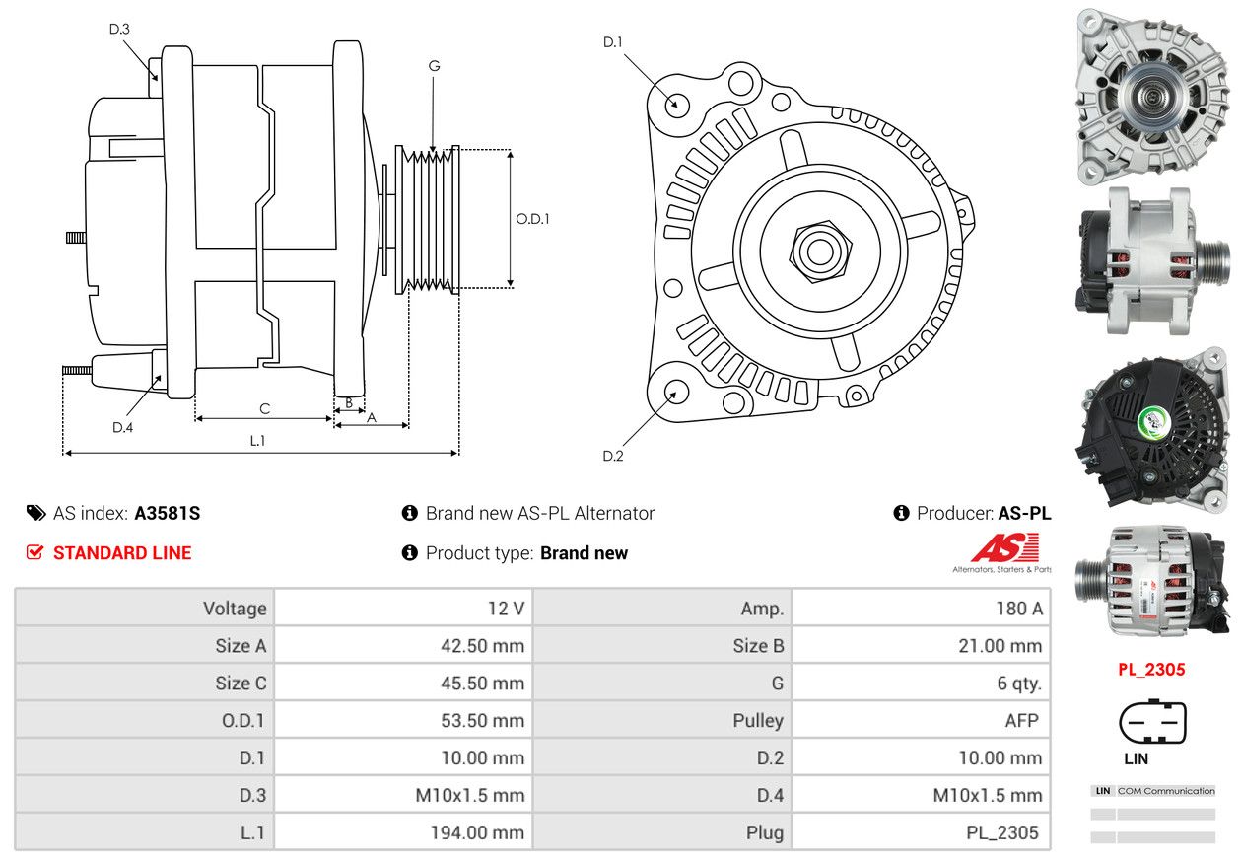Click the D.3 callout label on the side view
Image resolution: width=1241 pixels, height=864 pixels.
pos(119,29)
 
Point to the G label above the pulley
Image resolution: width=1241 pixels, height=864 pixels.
pos(434,66)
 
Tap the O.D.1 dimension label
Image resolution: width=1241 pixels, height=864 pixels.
pos(532,219)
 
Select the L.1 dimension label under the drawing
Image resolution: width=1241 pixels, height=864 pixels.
pos(257,441)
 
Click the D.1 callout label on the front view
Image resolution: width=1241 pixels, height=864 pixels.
pos(612,42)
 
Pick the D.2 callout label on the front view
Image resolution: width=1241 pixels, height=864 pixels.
pos(613,456)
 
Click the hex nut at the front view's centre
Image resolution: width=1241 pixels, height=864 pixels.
pos(820,252)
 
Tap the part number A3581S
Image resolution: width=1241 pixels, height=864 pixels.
pos(168,513)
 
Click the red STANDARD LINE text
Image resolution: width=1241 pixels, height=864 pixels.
pos(122,553)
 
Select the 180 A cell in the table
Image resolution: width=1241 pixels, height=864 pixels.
pos(1019,609)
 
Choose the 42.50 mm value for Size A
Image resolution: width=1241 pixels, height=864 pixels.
pos(482,646)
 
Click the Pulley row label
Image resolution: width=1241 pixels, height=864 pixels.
pos(758,720)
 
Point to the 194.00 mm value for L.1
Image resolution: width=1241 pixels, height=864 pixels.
pos(477,832)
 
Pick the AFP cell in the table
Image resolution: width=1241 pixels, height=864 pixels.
pos(1021,720)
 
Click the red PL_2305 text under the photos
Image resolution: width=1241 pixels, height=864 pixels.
pos(1151,670)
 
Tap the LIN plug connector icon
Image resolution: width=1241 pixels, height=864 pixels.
pos(1152,721)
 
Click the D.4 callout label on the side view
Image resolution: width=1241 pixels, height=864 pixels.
pos(122,427)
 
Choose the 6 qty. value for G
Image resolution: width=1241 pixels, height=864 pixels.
pos(1019,684)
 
